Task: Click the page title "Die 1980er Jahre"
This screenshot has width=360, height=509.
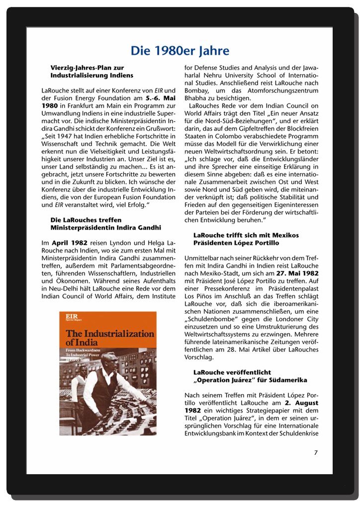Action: (x=180, y=51)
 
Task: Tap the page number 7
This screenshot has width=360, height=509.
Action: (x=316, y=452)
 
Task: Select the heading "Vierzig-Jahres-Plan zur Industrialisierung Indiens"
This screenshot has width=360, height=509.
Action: (x=91, y=72)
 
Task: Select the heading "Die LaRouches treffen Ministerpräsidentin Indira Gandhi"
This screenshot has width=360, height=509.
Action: (x=106, y=224)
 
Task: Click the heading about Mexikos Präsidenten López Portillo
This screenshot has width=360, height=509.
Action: (x=246, y=239)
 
